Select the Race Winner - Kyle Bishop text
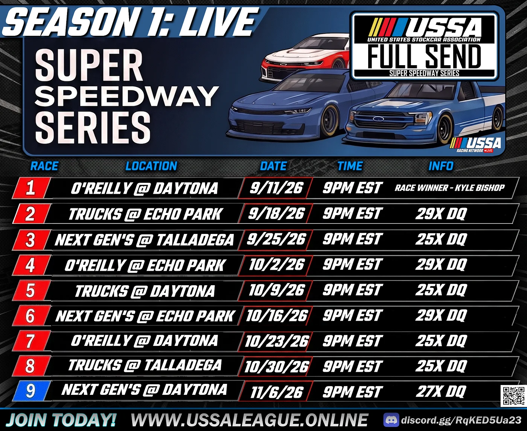(x=449, y=188)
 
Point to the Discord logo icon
(x=391, y=420)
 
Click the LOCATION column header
(x=151, y=166)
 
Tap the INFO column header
(x=441, y=166)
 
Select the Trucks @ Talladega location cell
(x=145, y=365)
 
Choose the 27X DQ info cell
(x=441, y=391)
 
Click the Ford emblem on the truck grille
(x=378, y=119)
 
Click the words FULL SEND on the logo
(x=424, y=57)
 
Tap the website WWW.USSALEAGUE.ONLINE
(x=249, y=420)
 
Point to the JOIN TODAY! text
(x=61, y=420)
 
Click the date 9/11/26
(x=276, y=188)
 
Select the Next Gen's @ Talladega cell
(x=145, y=240)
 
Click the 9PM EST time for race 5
(x=352, y=290)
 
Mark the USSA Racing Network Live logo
(x=475, y=145)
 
